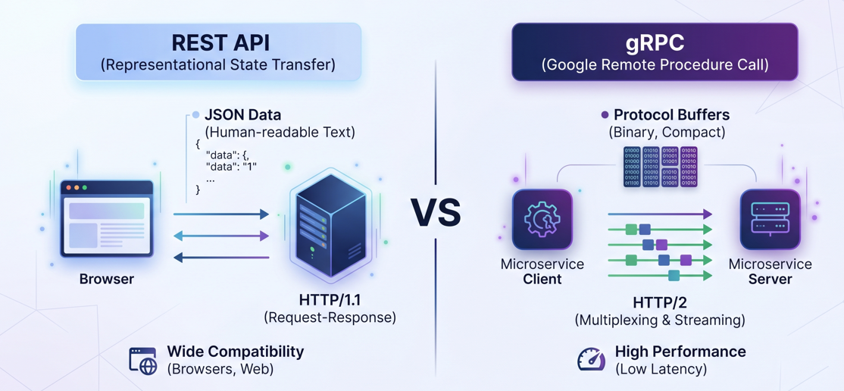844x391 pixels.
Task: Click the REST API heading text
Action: click(x=219, y=42)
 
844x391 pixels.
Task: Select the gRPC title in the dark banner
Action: click(x=655, y=42)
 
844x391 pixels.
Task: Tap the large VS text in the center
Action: click(x=436, y=213)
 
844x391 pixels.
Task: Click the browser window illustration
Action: click(x=107, y=220)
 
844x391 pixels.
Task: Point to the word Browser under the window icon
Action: click(x=106, y=279)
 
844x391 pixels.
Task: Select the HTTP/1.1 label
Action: click(x=330, y=300)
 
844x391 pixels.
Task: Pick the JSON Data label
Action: click(x=242, y=115)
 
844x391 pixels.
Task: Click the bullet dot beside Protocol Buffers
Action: click(x=605, y=115)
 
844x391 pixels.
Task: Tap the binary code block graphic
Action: click(x=660, y=167)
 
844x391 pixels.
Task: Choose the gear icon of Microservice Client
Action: click(x=542, y=220)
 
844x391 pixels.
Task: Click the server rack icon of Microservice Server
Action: click(x=770, y=220)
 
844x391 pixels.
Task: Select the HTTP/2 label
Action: click(x=659, y=303)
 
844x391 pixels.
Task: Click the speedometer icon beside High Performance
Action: click(x=592, y=359)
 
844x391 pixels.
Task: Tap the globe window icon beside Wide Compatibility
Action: click(x=142, y=361)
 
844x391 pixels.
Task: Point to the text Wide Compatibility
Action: click(x=235, y=352)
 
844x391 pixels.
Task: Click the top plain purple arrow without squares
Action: click(x=659, y=214)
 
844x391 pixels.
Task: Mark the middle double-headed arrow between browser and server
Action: click(x=221, y=236)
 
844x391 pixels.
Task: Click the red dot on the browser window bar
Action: click(x=68, y=187)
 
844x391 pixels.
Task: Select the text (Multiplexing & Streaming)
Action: click(x=659, y=320)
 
